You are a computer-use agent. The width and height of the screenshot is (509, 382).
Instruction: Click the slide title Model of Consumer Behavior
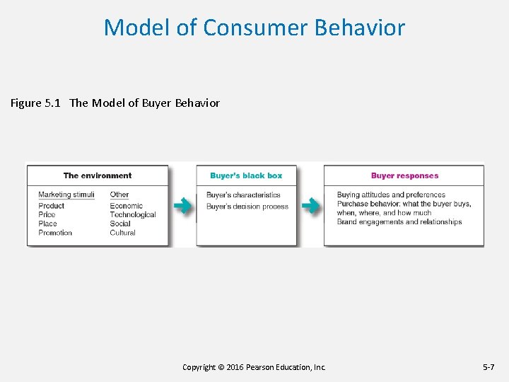(x=255, y=28)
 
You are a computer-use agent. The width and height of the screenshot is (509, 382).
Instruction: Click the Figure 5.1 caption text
(x=115, y=103)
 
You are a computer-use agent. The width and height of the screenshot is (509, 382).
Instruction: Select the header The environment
(x=98, y=175)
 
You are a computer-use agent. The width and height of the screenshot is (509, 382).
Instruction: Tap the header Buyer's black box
(x=246, y=175)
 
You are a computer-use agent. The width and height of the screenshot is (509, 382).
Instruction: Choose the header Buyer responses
(x=404, y=175)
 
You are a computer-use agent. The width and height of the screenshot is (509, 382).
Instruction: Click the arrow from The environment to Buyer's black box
(x=182, y=206)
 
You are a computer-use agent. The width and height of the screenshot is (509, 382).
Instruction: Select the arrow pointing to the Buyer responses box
(x=310, y=206)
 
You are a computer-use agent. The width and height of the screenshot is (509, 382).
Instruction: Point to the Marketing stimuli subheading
(x=66, y=195)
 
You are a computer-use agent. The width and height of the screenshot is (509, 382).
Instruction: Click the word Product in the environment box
(x=51, y=206)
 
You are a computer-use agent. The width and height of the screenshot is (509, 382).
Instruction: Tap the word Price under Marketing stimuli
(x=47, y=214)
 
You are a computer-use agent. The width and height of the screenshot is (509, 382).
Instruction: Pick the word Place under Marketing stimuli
(x=47, y=224)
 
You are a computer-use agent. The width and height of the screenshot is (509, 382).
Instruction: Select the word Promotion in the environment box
(x=55, y=233)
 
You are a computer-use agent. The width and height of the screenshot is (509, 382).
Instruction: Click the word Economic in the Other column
(x=126, y=206)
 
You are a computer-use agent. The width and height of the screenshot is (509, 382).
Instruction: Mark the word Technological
(x=133, y=214)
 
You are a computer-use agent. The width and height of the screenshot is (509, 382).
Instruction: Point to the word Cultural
(x=122, y=233)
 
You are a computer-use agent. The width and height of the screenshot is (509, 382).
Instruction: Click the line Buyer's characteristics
(x=243, y=195)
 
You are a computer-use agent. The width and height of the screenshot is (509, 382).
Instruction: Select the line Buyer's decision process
(x=247, y=207)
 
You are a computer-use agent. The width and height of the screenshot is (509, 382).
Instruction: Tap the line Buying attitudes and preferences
(x=391, y=195)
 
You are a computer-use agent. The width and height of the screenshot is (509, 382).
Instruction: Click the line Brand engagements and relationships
(x=399, y=222)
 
